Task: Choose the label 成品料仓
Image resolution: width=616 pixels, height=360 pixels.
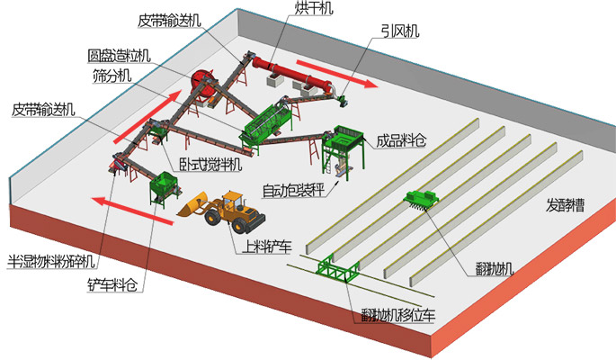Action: pyautogui.click(x=400, y=139)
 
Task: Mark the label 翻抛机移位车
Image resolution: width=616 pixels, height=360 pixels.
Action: pyautogui.click(x=397, y=315)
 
